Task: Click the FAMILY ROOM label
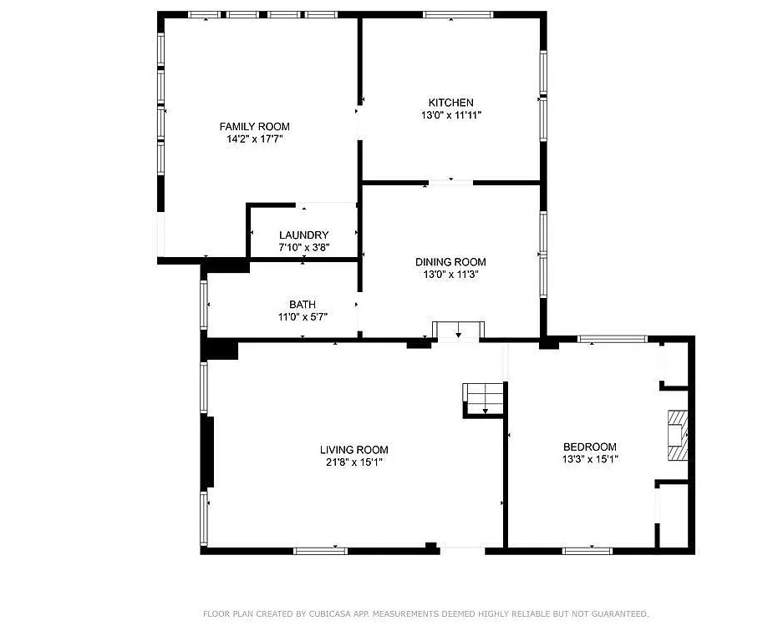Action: [x=255, y=126]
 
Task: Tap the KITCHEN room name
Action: [x=450, y=103]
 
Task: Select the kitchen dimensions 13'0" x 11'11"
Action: [x=451, y=115]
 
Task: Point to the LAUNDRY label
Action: [x=303, y=235]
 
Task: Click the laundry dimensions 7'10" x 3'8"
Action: [x=304, y=247]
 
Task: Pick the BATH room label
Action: [x=303, y=305]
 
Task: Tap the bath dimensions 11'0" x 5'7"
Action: [x=303, y=317]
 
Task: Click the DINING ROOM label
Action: [x=450, y=262]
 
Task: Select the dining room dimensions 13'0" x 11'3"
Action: [x=451, y=275]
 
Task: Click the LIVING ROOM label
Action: [x=354, y=450]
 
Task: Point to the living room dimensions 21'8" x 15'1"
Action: [x=354, y=462]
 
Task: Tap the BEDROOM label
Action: [x=590, y=447]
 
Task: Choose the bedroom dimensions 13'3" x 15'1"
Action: [x=590, y=459]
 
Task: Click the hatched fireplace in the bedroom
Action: [x=678, y=436]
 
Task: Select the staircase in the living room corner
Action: [x=483, y=400]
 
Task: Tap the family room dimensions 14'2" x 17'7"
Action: [x=255, y=139]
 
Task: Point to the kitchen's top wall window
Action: [x=458, y=15]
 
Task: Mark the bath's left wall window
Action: [x=204, y=305]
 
